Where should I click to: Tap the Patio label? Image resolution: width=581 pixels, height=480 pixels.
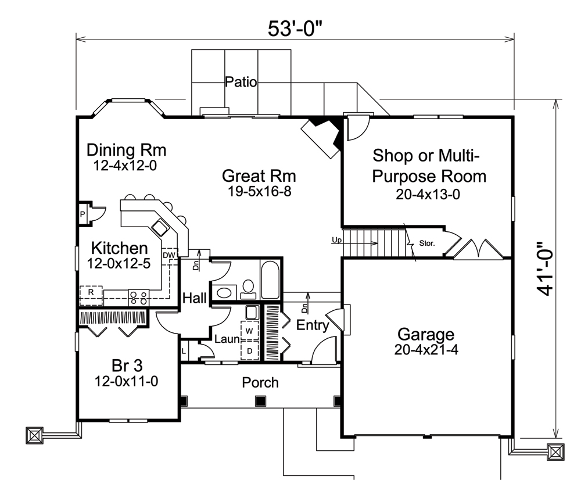[x=241, y=82]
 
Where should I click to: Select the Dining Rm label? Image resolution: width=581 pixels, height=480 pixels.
[x=126, y=150]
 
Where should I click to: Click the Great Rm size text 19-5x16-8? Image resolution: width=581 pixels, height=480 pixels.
[x=259, y=191]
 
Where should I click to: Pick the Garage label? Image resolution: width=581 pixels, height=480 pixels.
[x=425, y=334]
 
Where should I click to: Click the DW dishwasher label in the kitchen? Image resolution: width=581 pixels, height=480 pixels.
[x=169, y=255]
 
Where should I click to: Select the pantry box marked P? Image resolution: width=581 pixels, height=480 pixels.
[x=83, y=214]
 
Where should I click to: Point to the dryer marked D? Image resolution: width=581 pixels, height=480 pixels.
[x=250, y=350]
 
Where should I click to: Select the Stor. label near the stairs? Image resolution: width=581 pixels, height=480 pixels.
[x=427, y=245]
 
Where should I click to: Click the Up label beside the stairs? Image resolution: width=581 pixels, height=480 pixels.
[x=336, y=239]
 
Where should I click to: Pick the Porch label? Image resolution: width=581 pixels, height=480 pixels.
[x=260, y=383]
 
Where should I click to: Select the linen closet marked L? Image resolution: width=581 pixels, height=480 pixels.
[x=184, y=351]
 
